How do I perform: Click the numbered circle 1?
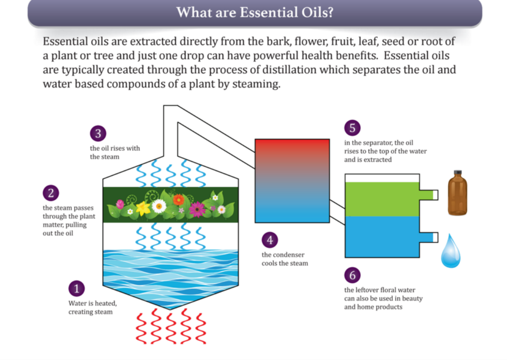tap(77, 288)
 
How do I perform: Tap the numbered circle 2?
tap(51, 193)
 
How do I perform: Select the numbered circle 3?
tap(98, 133)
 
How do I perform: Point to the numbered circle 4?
tap(270, 240)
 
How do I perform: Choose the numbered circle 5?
tap(353, 128)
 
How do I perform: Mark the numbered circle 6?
tap(353, 275)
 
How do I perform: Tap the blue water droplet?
tap(451, 251)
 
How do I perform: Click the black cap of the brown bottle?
tap(457, 173)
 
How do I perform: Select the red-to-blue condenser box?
tap(292, 181)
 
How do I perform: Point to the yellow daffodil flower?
tap(143, 208)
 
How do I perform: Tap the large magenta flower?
tap(197, 209)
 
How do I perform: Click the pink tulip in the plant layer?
tap(120, 204)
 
